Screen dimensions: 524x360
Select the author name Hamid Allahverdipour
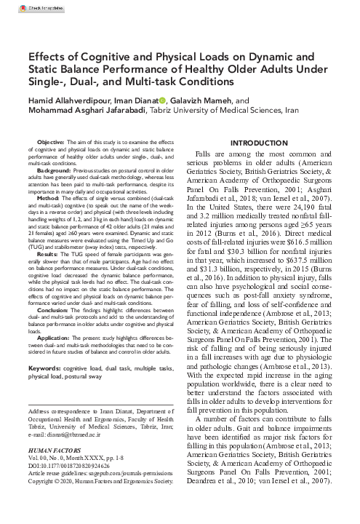coord(71,100)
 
